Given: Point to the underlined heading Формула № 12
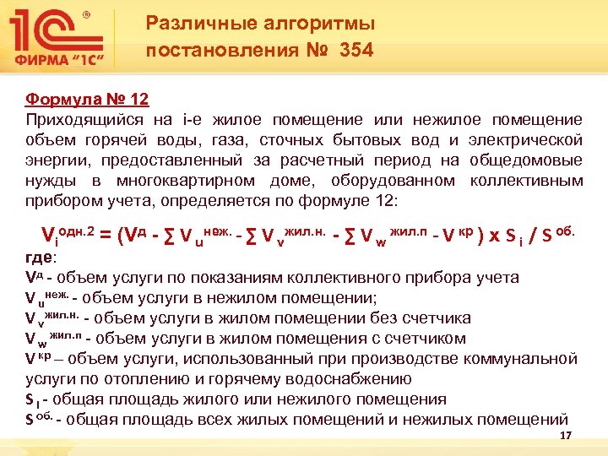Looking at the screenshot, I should click(87, 100).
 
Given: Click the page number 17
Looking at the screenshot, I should click(566, 435).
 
